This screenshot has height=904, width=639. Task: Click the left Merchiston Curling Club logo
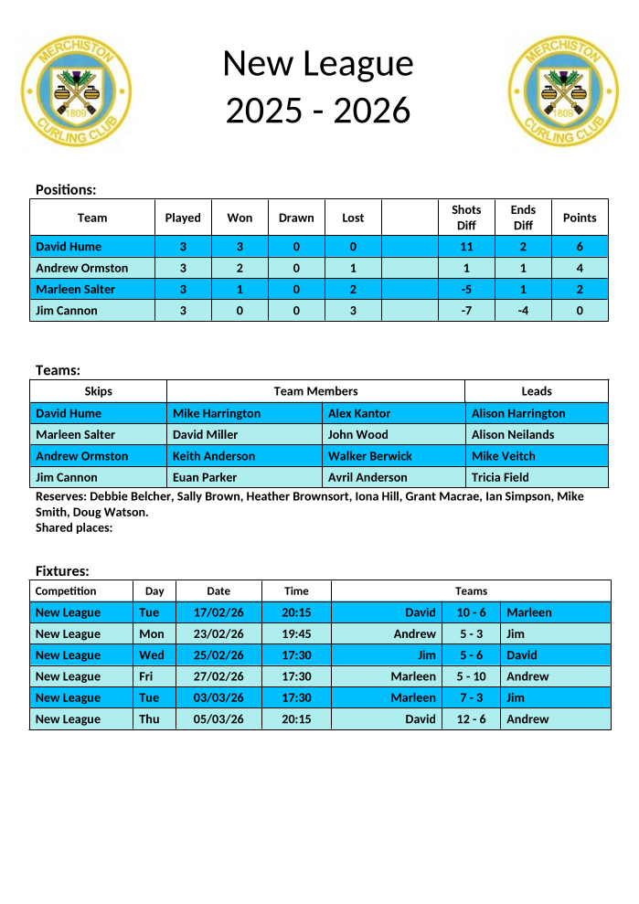pos(76,91)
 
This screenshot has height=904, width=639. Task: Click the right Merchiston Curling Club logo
pos(563,91)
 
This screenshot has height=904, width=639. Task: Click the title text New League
pos(318,63)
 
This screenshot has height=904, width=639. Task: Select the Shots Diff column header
pos(466,218)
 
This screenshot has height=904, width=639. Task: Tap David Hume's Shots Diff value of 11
pos(466,247)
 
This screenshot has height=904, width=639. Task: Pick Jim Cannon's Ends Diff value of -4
pos(523,311)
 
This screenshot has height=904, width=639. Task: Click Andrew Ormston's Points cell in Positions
pos(580,268)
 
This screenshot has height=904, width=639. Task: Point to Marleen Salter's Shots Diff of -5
pos(466,289)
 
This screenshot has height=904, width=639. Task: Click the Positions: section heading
pos(66,189)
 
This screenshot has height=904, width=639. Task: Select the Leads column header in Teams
pos(537,391)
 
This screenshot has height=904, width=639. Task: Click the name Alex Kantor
pos(359,413)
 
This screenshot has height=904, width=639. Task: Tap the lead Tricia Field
pos(500,477)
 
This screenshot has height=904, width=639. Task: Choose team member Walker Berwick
pos(370,456)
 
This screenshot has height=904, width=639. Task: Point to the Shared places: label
pos(74,527)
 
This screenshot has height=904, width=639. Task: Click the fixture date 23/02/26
pos(218,634)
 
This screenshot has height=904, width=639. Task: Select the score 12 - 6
pos(472,719)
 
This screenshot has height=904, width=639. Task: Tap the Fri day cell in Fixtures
pos(148,676)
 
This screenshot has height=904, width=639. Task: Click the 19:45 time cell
pos(296,634)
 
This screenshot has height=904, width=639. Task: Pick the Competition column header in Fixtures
pos(66,591)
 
